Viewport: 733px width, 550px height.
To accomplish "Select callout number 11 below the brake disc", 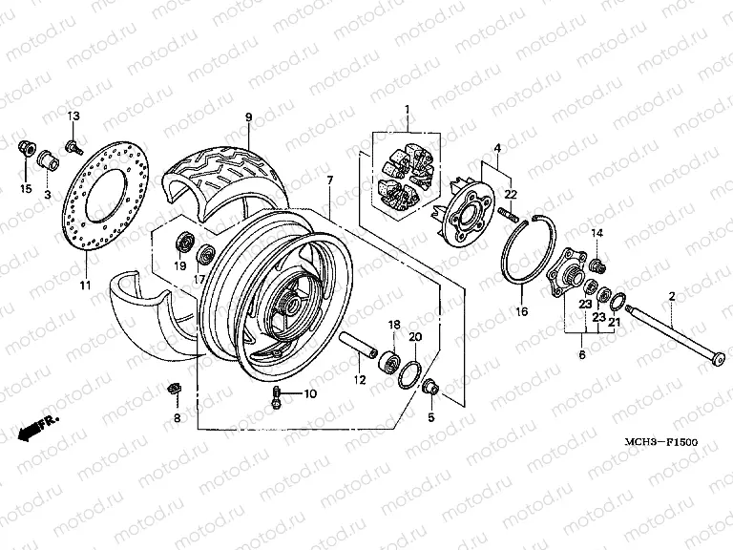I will [84, 286].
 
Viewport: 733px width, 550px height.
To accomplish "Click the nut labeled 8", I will [174, 389].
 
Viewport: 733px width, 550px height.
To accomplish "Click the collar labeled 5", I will [430, 388].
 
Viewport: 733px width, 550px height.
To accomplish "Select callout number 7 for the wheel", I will [329, 180].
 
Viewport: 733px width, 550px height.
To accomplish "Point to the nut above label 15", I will [28, 146].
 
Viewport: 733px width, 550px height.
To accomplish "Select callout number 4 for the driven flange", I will [496, 148].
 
